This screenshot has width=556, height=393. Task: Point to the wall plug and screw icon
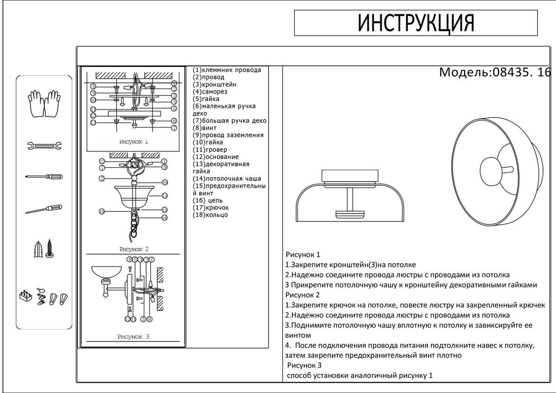tap(44, 250)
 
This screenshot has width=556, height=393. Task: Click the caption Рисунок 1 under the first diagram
tap(133, 142)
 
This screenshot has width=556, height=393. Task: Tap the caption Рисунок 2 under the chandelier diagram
tap(133, 249)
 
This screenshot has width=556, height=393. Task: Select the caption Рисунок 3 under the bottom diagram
tap(133, 337)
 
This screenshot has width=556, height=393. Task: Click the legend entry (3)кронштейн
tap(215, 84)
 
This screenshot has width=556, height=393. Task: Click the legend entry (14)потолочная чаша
tap(227, 178)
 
